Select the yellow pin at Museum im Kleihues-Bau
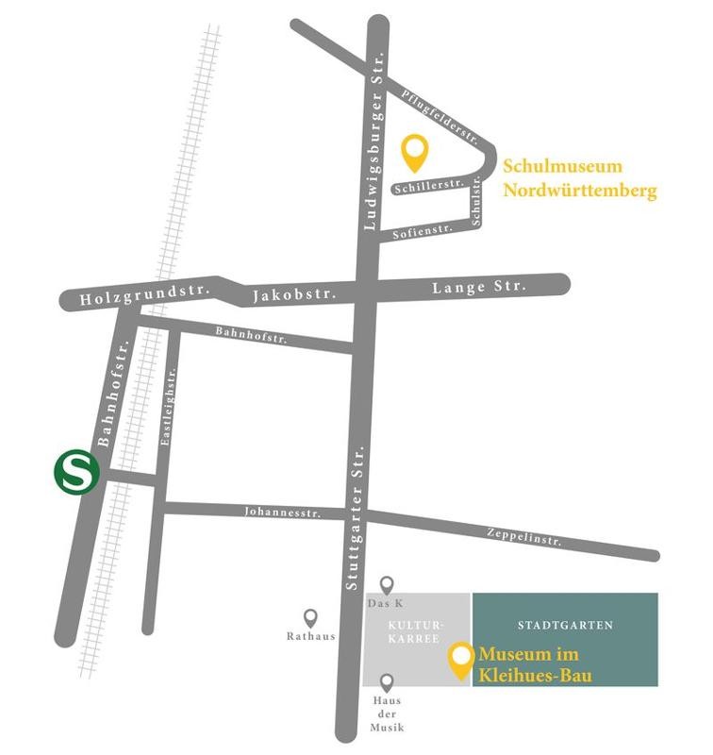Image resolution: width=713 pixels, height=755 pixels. click(460, 660)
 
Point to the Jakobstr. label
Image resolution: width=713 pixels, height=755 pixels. click(295, 296)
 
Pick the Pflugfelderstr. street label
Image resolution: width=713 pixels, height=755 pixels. click(436, 110)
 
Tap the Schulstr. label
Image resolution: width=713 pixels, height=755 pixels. click(477, 201)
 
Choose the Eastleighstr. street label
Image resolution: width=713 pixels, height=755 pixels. click(170, 407)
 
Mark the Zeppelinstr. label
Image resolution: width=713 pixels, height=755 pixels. click(524, 538)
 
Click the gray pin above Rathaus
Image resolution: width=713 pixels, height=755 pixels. click(311, 617)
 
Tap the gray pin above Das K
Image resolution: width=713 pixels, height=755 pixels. click(386, 586)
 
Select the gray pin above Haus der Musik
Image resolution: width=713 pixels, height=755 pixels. click(387, 682)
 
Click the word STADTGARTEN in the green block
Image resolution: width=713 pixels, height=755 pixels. click(565, 626)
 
